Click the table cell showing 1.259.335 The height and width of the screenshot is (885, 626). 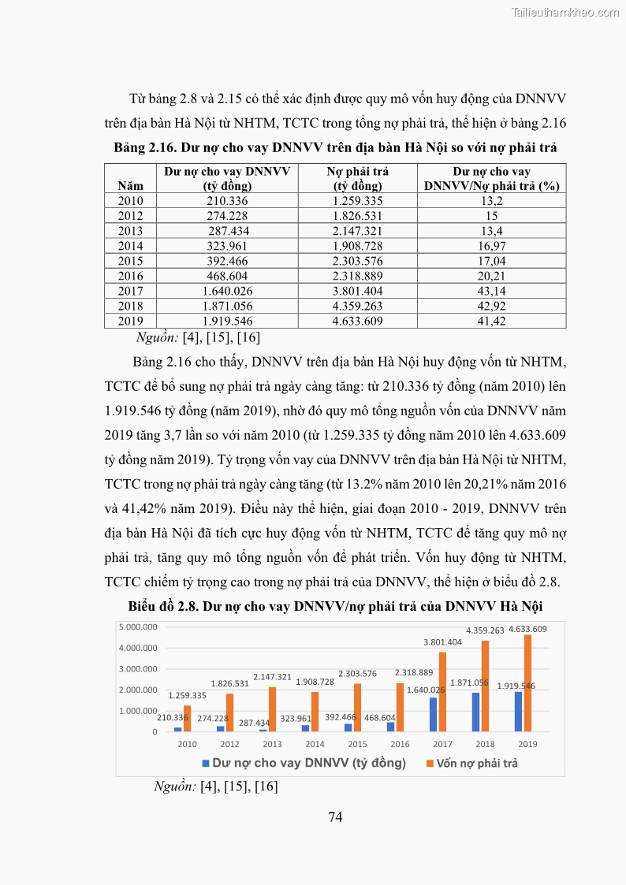(357, 201)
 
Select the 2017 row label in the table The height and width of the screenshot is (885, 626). (130, 292)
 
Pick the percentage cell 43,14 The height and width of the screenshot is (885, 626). (491, 292)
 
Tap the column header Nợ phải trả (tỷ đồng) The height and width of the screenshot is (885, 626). (357, 179)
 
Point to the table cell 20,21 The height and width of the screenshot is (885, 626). (491, 277)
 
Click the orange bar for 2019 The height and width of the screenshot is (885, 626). (527, 683)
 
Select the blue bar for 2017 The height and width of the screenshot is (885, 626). (434, 714)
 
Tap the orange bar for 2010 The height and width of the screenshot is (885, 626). (188, 718)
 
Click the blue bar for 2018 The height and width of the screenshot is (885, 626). (476, 712)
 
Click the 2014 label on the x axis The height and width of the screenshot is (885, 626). (315, 744)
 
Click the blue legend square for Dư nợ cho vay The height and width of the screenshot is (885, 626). (206, 763)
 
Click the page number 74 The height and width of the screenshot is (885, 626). (335, 816)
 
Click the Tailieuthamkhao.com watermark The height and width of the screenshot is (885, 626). (565, 12)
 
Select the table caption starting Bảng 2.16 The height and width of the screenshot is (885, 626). (335, 148)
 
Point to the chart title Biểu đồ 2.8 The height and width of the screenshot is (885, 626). (335, 607)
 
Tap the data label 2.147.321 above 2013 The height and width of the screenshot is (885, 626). (272, 677)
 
